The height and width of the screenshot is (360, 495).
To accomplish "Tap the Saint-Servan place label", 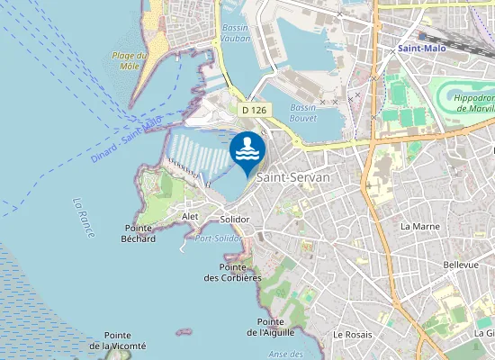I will pyautogui.click(x=293, y=178).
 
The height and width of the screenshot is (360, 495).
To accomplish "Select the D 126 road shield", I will pyautogui.click(x=254, y=109).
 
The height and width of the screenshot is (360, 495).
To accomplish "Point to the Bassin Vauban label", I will pyautogui.click(x=235, y=34).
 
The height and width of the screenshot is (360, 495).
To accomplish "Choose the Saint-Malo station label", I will pyautogui.click(x=424, y=48).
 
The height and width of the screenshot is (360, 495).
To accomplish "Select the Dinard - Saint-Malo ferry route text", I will pyautogui.click(x=126, y=139).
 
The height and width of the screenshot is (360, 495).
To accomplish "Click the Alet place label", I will pyautogui.click(x=190, y=217).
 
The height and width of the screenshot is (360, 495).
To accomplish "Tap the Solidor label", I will pyautogui.click(x=235, y=220).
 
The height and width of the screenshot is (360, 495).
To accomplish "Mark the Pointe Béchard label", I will pyautogui.click(x=139, y=234).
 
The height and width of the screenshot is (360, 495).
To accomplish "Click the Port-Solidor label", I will pyautogui.click(x=218, y=238).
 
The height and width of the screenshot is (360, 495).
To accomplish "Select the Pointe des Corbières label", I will pyautogui.click(x=239, y=273).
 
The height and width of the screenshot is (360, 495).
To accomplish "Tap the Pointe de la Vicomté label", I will pyautogui.click(x=117, y=340).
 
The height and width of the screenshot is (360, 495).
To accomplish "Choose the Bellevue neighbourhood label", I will pyautogui.click(x=461, y=265).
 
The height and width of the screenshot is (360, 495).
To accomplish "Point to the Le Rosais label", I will pyautogui.click(x=352, y=334).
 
